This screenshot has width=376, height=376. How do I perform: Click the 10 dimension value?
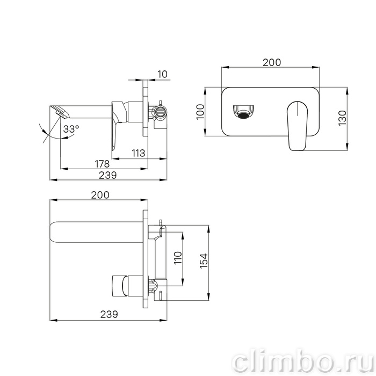coord(163,74)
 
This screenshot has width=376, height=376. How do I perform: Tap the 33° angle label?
coord(71,129)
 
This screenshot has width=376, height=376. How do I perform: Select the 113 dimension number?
coord(139,153)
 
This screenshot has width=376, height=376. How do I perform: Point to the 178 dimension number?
coord(103,164)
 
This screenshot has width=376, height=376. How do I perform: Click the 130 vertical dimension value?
coord(343,118)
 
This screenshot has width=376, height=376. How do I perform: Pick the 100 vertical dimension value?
coord(200,112)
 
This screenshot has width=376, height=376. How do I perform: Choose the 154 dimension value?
coord(204,261)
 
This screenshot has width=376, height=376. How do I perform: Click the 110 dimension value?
coord(178,258)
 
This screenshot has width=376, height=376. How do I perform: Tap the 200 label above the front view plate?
coord(272,62)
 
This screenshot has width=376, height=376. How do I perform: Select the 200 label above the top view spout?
coord(100,195)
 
